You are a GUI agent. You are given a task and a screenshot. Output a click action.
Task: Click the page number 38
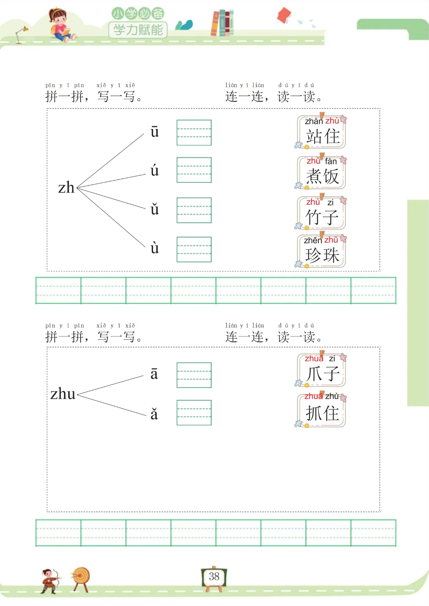tap(214, 576)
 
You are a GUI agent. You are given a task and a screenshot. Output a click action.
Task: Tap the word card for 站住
tap(322, 132)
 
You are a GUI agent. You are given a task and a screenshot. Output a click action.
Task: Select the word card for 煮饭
tap(322, 173)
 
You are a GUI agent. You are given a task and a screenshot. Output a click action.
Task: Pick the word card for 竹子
tap(322, 213)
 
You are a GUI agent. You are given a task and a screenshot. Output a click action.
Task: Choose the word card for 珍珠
tap(322, 251)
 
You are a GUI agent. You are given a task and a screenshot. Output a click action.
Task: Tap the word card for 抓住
tap(322, 410)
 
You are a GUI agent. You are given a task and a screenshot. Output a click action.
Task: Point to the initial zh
tap(66, 188)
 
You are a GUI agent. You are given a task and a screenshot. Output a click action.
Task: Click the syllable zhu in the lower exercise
tap(63, 394)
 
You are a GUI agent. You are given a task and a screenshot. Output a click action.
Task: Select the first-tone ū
tap(155, 132)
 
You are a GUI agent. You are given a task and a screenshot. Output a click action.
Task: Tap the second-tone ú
tap(155, 171)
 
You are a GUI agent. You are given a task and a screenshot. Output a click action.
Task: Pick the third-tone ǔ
tap(155, 209)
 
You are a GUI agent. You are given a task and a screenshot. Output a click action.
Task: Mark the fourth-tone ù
tap(155, 248)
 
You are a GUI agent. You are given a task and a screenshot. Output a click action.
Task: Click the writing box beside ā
tap(194, 375)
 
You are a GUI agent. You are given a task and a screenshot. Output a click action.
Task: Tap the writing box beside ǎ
tap(194, 413)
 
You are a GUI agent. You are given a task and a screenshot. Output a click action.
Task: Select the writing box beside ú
tap(194, 170)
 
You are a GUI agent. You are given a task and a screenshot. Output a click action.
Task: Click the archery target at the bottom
tap(81, 577)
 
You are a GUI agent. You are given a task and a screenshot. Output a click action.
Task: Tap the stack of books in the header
tap(222, 23)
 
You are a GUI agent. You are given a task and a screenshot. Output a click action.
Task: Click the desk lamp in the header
tap(21, 34)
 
